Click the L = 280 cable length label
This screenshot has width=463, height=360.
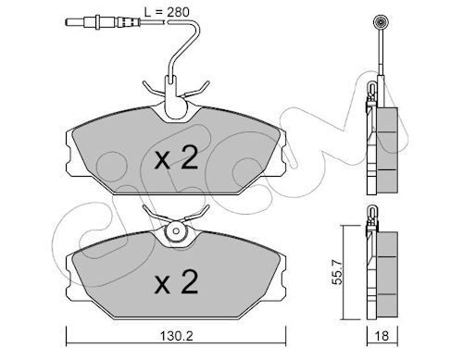(x=167, y=12)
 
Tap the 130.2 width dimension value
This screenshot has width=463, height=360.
(x=177, y=336)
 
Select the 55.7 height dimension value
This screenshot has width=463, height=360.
(x=338, y=272)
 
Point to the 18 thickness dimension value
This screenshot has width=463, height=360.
(x=382, y=336)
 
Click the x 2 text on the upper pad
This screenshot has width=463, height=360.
(x=176, y=157)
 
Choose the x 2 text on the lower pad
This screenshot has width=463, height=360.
(x=176, y=281)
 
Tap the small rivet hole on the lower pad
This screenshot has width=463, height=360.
(x=176, y=230)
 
